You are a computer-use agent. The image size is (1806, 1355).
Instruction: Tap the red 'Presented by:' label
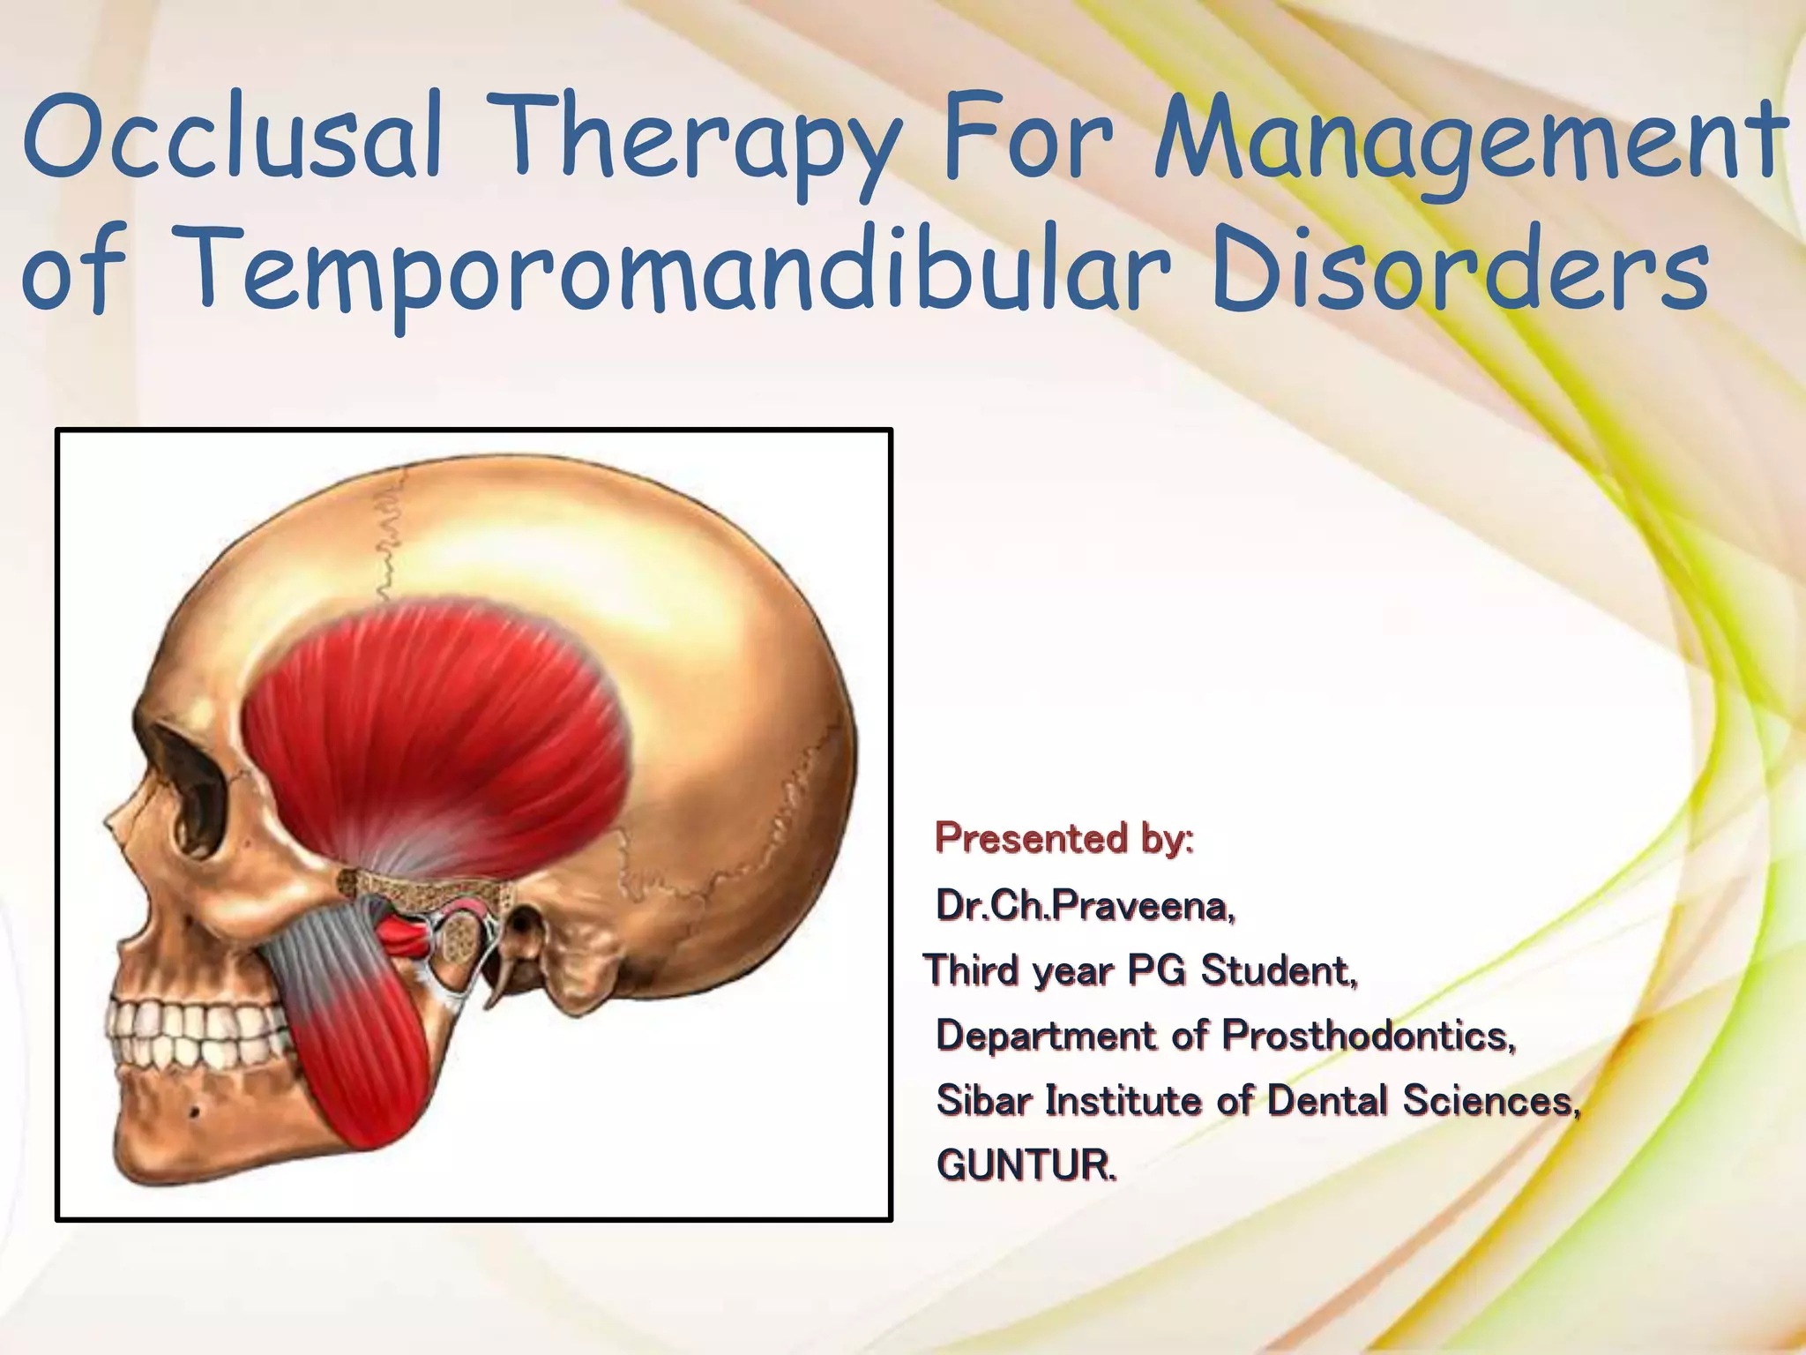pyautogui.click(x=1064, y=838)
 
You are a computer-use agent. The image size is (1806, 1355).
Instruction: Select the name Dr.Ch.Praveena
pyautogui.click(x=1085, y=905)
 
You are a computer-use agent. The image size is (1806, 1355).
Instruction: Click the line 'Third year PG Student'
pyautogui.click(x=1141, y=970)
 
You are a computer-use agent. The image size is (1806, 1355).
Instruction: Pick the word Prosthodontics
pyautogui.click(x=1367, y=1035)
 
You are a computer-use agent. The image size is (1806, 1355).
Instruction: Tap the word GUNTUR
pyautogui.click(x=1026, y=1164)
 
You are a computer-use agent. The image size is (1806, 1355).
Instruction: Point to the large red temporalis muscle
pyautogui.click(x=441, y=732)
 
